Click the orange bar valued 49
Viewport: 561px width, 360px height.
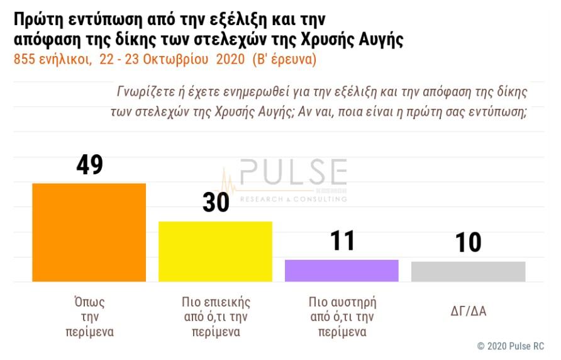pos(89,232)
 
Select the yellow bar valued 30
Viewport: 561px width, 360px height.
pos(215,251)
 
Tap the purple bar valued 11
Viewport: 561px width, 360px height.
pos(342,270)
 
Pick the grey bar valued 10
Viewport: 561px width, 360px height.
pos(468,271)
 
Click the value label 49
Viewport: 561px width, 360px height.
pos(89,165)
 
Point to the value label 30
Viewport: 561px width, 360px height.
pos(216,203)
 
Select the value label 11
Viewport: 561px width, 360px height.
pos(342,241)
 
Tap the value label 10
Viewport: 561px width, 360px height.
pos(469,242)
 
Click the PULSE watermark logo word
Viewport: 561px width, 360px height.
pos(293,173)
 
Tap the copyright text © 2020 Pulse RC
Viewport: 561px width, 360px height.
pos(510,346)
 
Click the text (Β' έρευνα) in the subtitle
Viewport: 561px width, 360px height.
pos(284,60)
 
